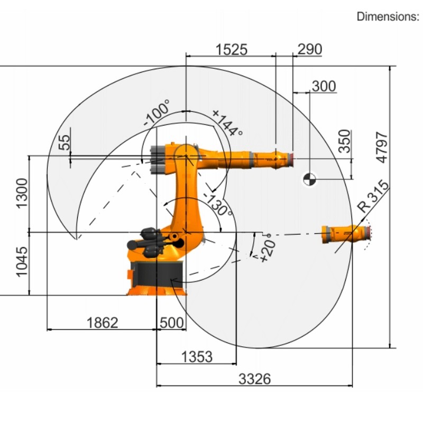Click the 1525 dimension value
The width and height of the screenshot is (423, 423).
pyautogui.click(x=232, y=50)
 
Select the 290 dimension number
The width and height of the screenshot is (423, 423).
pyautogui.click(x=310, y=49)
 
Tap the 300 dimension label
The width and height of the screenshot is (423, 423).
pyautogui.click(x=324, y=86)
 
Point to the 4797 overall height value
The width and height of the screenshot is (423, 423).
pyautogui.click(x=382, y=148)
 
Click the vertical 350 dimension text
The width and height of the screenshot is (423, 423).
pyautogui.click(x=345, y=141)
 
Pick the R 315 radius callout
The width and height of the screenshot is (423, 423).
pyautogui.click(x=373, y=196)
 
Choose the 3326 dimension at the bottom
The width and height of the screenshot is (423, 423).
pyautogui.click(x=254, y=379)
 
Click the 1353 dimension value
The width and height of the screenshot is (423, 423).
pyautogui.click(x=197, y=356)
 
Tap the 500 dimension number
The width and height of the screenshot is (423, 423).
pyautogui.click(x=172, y=323)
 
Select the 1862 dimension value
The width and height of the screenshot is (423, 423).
pyautogui.click(x=102, y=323)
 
